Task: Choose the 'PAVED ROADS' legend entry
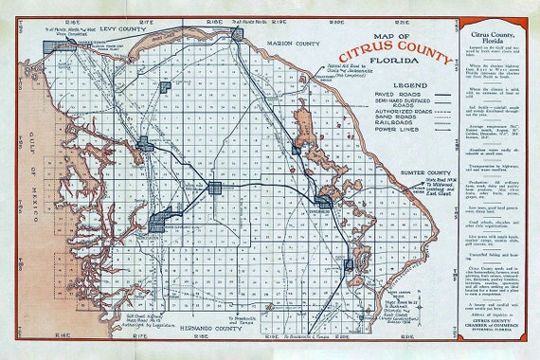click(351, 97)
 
